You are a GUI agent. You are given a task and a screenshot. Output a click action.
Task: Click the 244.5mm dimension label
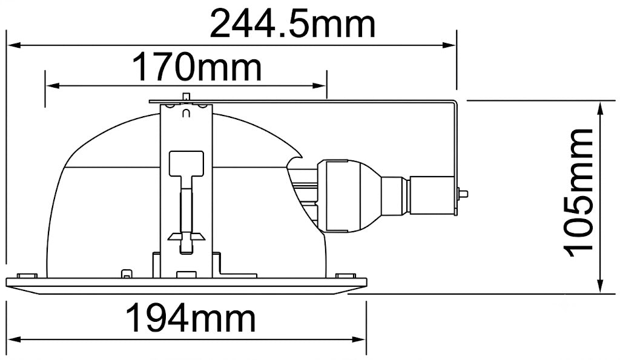pyautogui.click(x=292, y=24)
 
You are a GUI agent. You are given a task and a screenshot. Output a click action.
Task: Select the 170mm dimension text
pyautogui.click(x=197, y=67)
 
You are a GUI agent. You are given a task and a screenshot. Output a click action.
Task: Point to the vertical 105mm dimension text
pyautogui.click(x=578, y=192)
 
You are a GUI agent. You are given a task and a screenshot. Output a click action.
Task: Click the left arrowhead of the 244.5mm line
pyautogui.click(x=15, y=45)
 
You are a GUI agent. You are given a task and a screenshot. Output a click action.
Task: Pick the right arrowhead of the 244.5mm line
pyautogui.click(x=449, y=45)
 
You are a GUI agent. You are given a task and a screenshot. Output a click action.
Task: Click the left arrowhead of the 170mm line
pyautogui.click(x=53, y=85)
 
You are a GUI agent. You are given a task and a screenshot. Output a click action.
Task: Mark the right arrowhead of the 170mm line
pyautogui.click(x=319, y=85)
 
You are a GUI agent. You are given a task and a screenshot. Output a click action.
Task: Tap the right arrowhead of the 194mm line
pyautogui.click(x=358, y=339)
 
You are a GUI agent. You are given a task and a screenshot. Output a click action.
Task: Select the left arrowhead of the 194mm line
pyautogui.click(x=15, y=339)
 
